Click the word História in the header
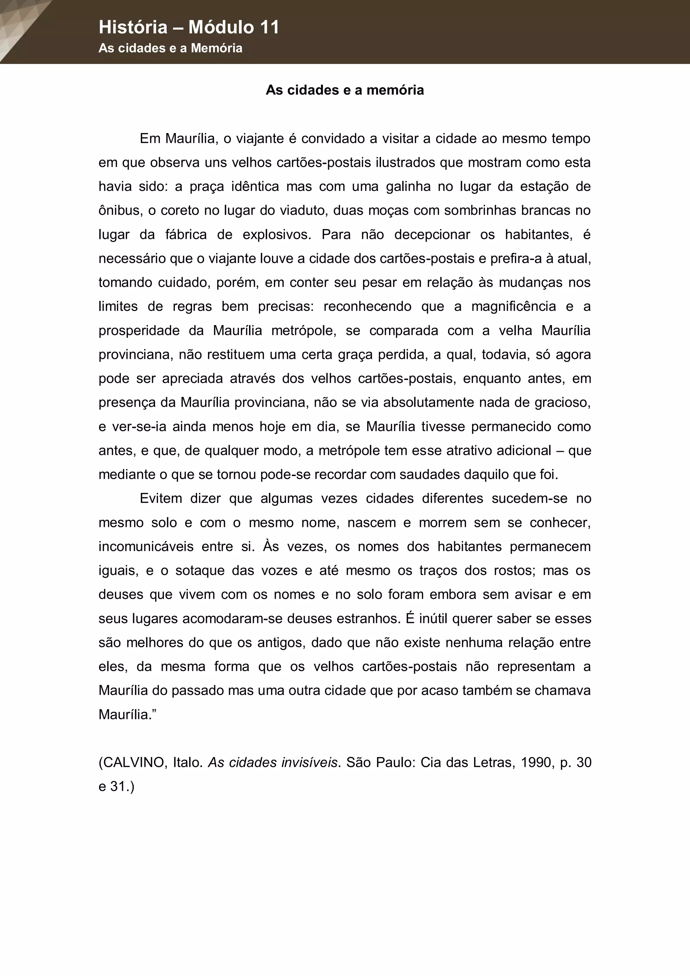(133, 28)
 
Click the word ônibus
(120, 211)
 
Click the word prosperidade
(139, 331)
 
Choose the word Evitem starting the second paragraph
(161, 499)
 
